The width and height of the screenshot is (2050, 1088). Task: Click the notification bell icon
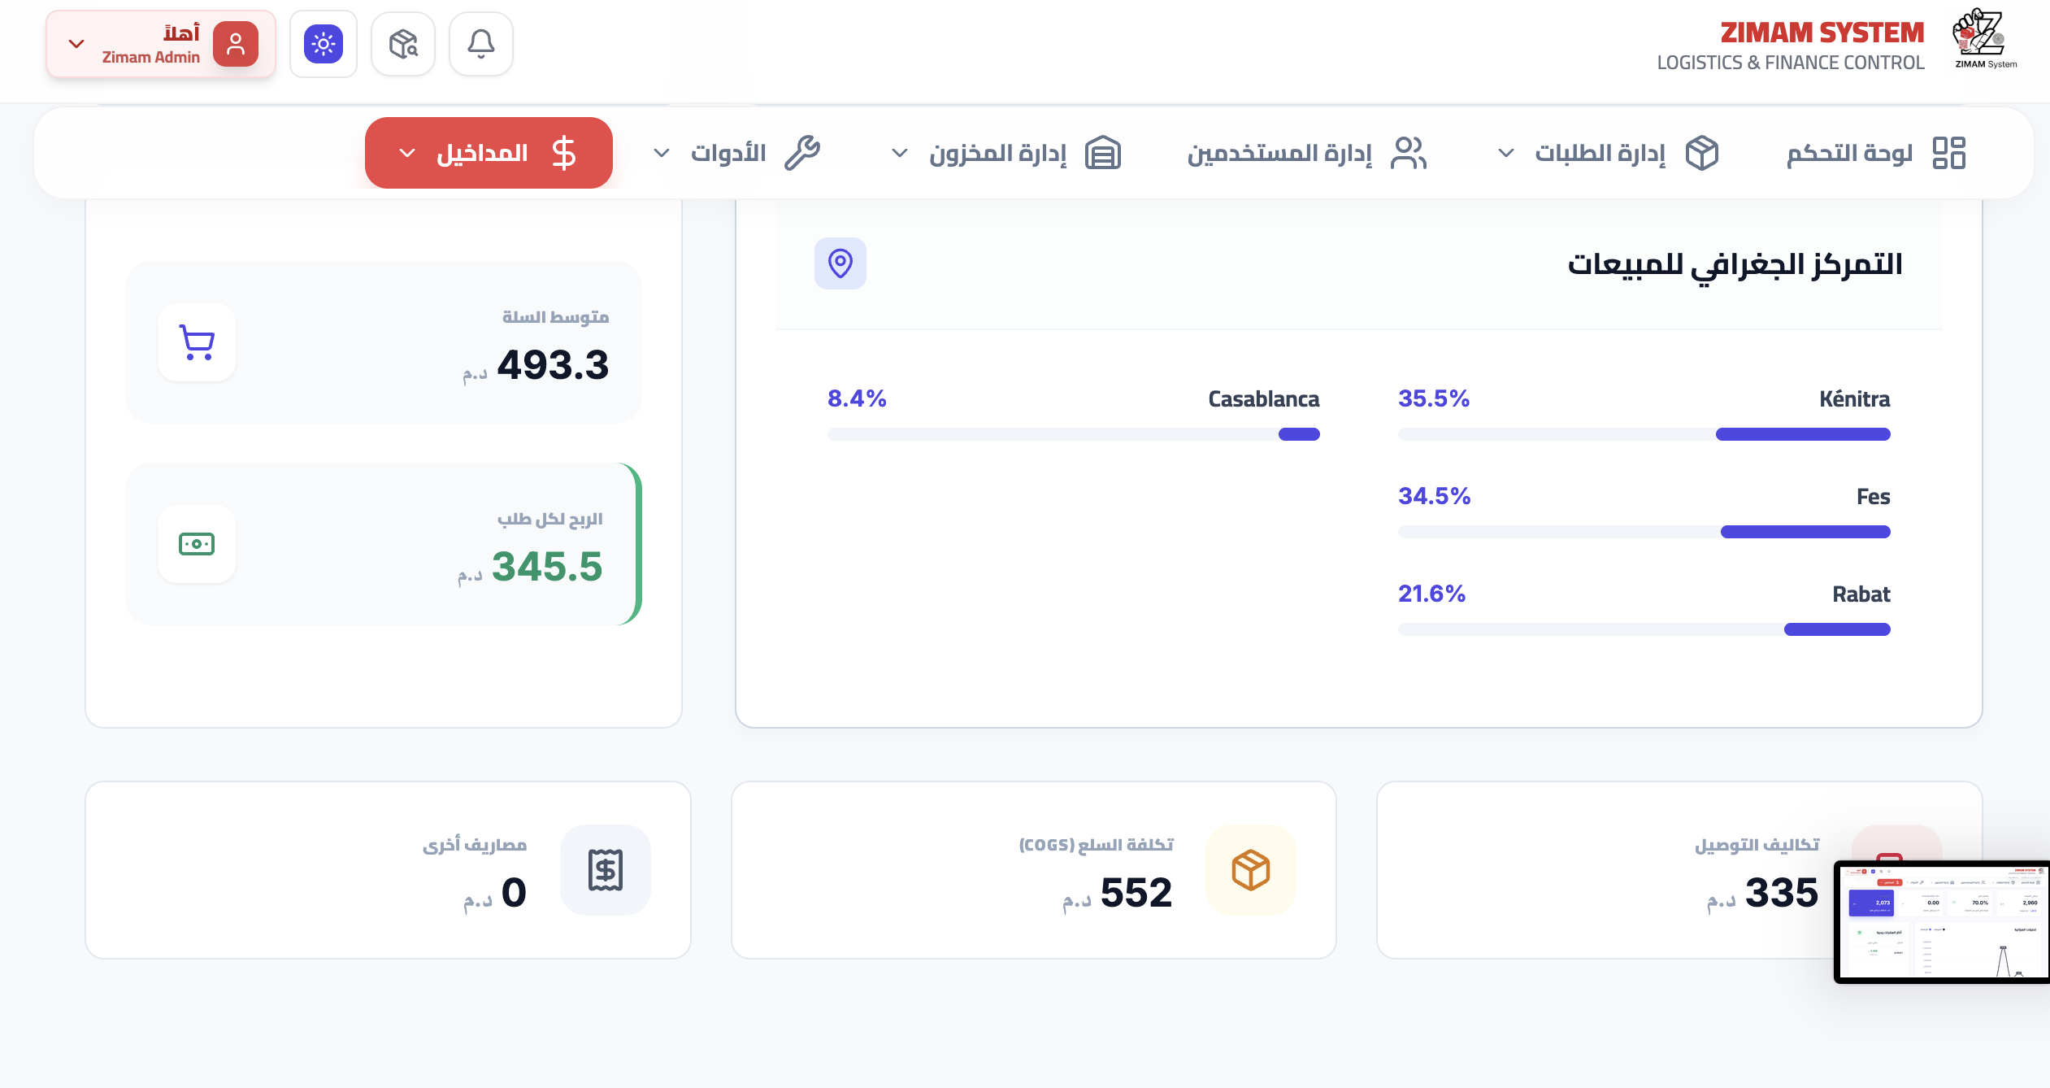click(x=481, y=44)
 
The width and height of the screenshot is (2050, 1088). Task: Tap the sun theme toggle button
click(x=324, y=44)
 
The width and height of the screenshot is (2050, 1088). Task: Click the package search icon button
click(x=403, y=44)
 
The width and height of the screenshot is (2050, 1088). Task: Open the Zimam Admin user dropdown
click(x=160, y=45)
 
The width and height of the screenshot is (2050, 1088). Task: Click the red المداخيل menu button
click(x=489, y=153)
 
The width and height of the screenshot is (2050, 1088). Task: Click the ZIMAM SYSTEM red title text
click(x=1822, y=33)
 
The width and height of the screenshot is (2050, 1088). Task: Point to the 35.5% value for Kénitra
click(x=1434, y=398)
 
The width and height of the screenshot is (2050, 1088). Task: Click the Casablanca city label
click(x=1263, y=399)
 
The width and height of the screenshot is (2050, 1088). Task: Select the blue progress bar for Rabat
click(x=1836, y=629)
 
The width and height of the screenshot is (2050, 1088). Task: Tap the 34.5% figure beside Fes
click(x=1434, y=496)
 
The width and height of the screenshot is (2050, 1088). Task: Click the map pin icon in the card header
click(x=840, y=263)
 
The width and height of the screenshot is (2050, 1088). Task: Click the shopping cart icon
click(x=197, y=342)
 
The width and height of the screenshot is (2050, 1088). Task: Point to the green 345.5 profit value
click(x=546, y=567)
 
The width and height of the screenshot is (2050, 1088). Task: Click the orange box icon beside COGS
click(x=1250, y=870)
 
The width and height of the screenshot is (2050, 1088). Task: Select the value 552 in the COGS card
click(x=1136, y=893)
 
